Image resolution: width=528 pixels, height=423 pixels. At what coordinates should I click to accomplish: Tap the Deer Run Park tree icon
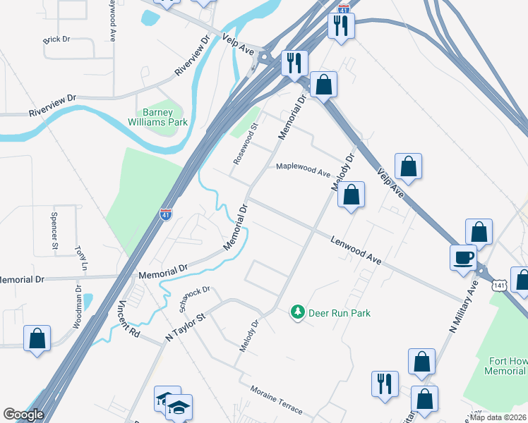pyautogui.click(x=298, y=312)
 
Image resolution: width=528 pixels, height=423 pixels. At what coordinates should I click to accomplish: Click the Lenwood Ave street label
pyautogui.click(x=356, y=250)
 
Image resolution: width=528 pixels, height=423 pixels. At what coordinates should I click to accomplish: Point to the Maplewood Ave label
pyautogui.click(x=303, y=169)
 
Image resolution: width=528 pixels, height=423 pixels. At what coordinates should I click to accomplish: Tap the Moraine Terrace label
pyautogui.click(x=275, y=400)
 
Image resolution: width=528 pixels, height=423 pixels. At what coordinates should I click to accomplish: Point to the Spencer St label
pyautogui.click(x=54, y=230)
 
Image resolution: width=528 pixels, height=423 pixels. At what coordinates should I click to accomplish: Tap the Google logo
pyautogui.click(x=23, y=415)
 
